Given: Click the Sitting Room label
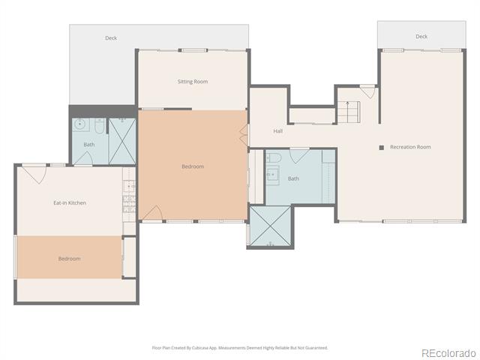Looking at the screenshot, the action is click(193, 82).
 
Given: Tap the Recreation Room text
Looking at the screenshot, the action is click(410, 147).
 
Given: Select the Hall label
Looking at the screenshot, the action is click(278, 131).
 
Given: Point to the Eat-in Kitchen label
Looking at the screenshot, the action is click(70, 202).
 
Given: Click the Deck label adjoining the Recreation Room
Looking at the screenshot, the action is click(421, 37).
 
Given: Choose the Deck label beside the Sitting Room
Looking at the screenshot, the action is click(111, 38).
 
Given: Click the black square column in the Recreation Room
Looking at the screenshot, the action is click(382, 148).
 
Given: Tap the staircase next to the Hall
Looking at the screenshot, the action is click(348, 112).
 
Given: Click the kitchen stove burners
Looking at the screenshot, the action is click(129, 204).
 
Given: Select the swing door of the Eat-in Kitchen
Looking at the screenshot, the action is click(34, 174).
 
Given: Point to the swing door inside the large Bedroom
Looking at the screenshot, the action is click(153, 212).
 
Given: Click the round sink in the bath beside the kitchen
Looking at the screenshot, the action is click(80, 124).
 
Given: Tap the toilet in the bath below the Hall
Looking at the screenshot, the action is click(274, 157).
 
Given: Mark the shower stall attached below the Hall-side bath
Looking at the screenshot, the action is click(270, 226).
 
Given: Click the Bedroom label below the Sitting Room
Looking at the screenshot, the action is click(193, 166).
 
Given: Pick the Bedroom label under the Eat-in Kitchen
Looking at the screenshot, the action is click(70, 259).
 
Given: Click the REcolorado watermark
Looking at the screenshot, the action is click(448, 353).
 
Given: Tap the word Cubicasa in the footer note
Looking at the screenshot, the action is click(200, 348).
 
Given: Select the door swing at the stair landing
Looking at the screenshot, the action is click(367, 92).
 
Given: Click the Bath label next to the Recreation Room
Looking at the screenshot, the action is click(293, 178).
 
